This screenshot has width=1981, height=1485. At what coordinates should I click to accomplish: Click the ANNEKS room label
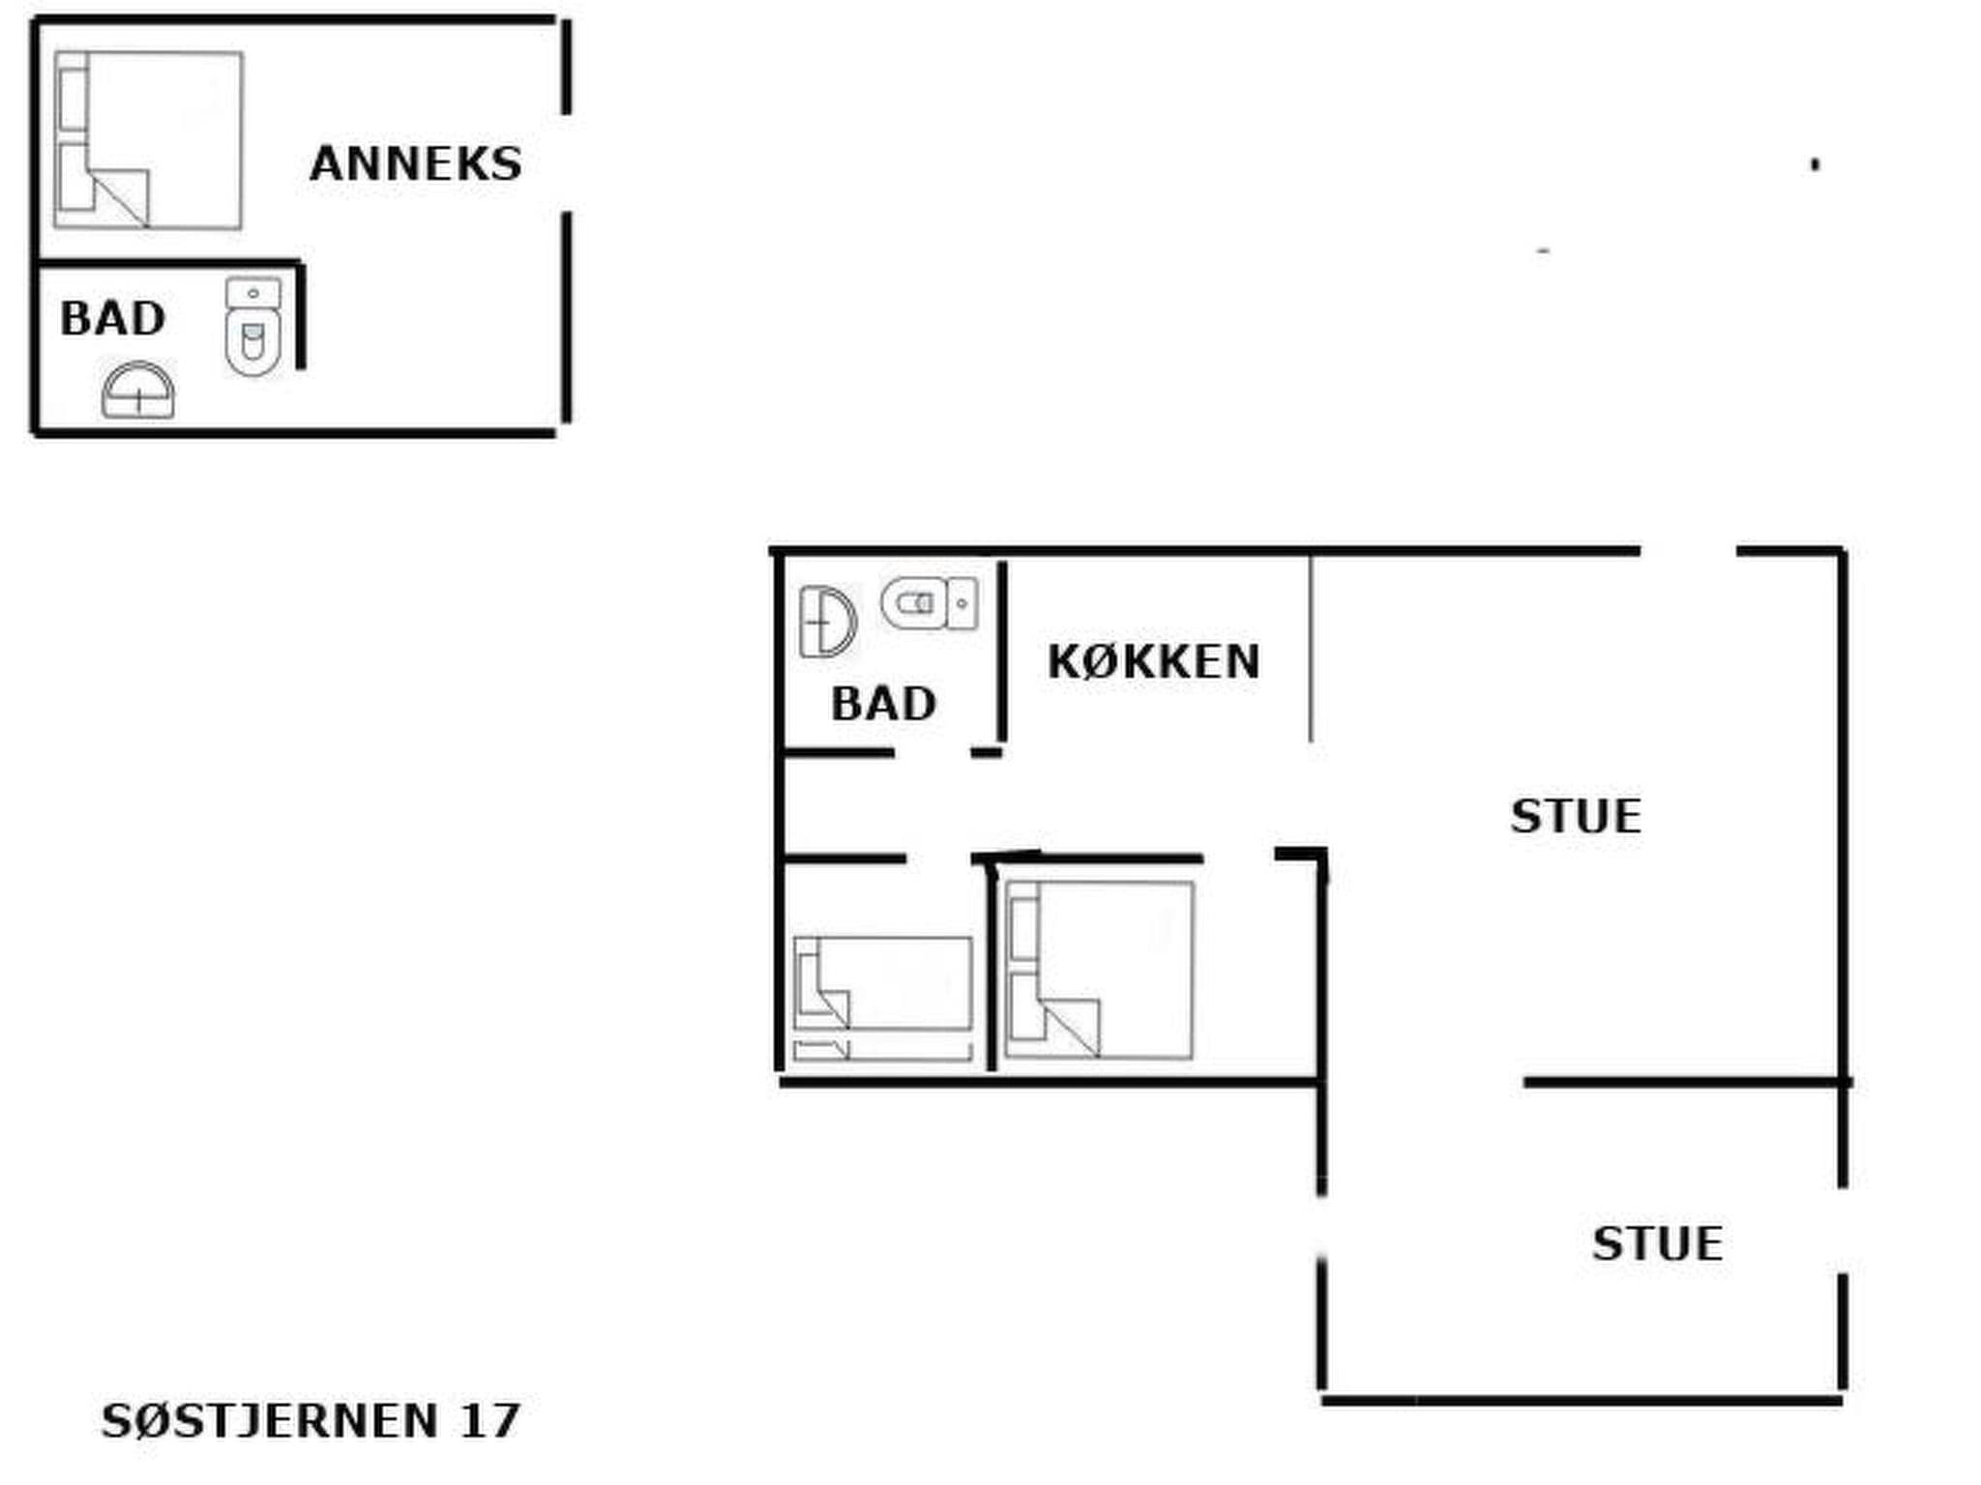pos(416,163)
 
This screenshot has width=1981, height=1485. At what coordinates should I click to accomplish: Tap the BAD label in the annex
pos(113,318)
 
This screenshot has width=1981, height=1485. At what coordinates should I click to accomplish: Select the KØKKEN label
pos(1154,662)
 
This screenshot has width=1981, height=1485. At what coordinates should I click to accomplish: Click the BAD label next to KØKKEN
pos(883,703)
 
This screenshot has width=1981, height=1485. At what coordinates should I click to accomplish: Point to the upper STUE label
pos(1576,816)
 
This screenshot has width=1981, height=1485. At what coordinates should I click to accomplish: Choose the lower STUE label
pos(1657,1243)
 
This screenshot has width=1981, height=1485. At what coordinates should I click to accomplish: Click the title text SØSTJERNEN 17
pos(310,1420)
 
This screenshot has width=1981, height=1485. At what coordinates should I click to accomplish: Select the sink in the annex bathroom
pos(138,392)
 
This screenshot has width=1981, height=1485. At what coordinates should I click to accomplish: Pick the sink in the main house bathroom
pos(827,622)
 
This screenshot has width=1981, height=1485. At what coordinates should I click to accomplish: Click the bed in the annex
pos(148,140)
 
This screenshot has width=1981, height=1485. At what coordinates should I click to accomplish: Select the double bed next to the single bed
pos(1099,970)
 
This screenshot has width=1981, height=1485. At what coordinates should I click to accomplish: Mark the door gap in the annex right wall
pos(567,163)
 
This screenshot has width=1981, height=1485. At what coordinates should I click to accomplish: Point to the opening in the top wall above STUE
pos(1688,551)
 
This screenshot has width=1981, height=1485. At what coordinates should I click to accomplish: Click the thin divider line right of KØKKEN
pos(1311,648)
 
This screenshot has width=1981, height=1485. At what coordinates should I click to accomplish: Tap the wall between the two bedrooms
pos(990,967)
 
